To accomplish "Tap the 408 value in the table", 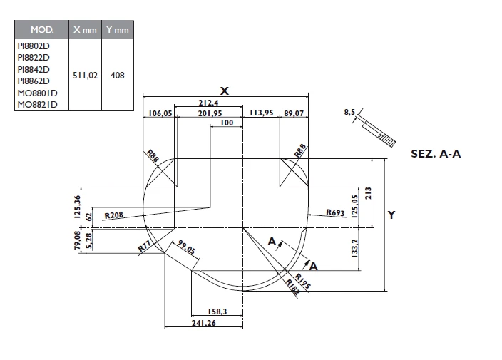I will (x=117, y=75).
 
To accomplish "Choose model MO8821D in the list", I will (x=38, y=105).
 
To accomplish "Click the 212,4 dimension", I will (x=209, y=104).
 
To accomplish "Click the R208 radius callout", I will (x=114, y=215).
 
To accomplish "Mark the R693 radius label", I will (x=335, y=212).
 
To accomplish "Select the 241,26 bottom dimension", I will (x=204, y=323).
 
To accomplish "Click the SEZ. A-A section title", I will (x=436, y=153).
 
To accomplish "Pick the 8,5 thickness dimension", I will (x=349, y=113).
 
